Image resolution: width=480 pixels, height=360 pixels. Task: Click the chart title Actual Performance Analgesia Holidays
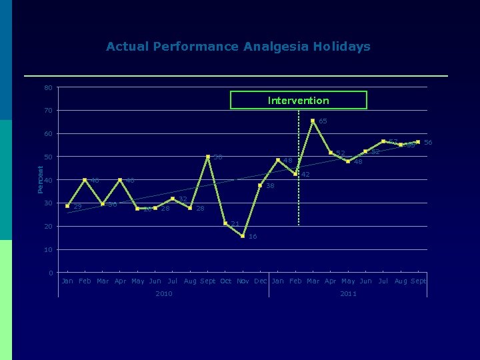pyautogui.click(x=238, y=47)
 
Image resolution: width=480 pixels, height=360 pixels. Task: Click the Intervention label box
pyautogui.click(x=298, y=100)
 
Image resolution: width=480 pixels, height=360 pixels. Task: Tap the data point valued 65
pyautogui.click(x=313, y=121)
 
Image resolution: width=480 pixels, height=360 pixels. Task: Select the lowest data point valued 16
pyautogui.click(x=243, y=236)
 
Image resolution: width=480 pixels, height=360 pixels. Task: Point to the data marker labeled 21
pyautogui.click(x=225, y=223)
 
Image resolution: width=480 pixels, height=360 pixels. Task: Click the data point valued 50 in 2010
pyautogui.click(x=208, y=157)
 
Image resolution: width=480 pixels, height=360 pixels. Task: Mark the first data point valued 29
pyautogui.click(x=67, y=206)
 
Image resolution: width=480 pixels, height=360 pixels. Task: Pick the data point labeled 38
pyautogui.click(x=260, y=185)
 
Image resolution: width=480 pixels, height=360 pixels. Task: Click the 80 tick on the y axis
pyautogui.click(x=49, y=87)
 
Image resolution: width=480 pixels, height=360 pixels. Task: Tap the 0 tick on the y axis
pyautogui.click(x=51, y=273)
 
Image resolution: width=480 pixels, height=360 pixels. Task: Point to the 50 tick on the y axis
pyautogui.click(x=49, y=157)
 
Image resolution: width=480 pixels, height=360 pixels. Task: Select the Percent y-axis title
pyautogui.click(x=39, y=180)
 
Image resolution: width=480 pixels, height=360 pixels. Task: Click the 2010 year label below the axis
pyautogui.click(x=163, y=293)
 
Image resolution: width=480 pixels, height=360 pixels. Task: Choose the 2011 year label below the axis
pyautogui.click(x=348, y=293)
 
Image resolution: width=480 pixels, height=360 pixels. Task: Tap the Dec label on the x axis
pyautogui.click(x=260, y=281)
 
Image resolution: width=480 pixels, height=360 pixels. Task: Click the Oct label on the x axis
pyautogui.click(x=225, y=281)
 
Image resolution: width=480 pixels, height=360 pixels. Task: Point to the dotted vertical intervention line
pyautogui.click(x=299, y=193)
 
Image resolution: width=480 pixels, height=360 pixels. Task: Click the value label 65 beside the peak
pyautogui.click(x=323, y=121)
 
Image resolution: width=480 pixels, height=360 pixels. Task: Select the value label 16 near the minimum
pyautogui.click(x=253, y=237)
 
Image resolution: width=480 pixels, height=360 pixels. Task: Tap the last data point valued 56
pyautogui.click(x=418, y=142)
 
